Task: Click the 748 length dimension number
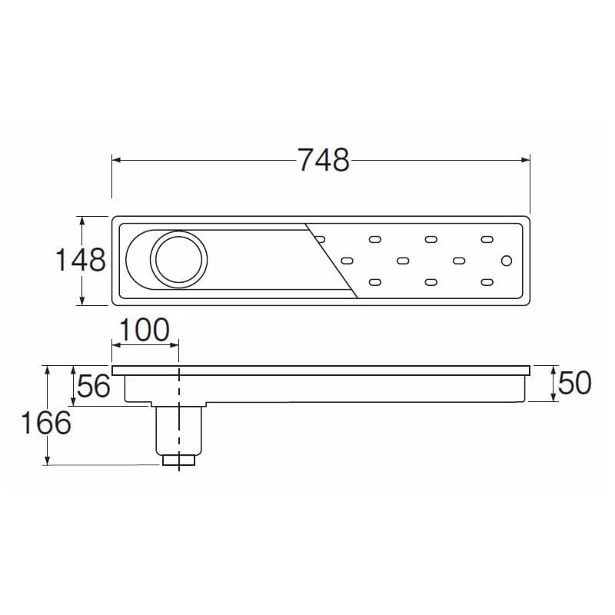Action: [324, 160]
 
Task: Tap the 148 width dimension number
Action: [81, 260]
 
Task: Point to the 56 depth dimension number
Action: [94, 386]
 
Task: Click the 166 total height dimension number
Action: [46, 423]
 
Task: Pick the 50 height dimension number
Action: [574, 383]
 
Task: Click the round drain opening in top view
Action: [179, 259]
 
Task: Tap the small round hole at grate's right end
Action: [507, 261]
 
